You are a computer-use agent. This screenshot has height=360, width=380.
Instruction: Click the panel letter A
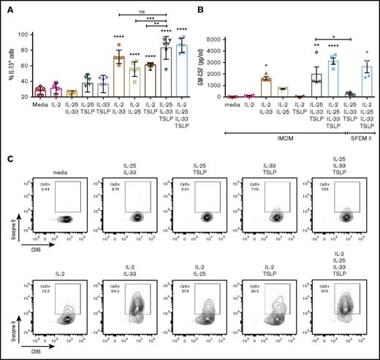[6, 7]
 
